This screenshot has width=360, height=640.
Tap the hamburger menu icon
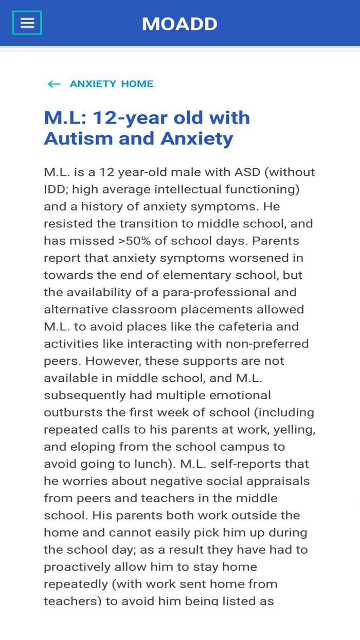point(27,23)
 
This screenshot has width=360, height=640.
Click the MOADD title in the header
point(179,24)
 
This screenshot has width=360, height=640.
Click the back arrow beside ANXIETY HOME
point(54,84)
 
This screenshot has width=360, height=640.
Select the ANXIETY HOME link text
point(111,84)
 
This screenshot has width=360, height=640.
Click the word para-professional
point(234,292)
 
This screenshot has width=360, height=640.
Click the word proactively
point(77,567)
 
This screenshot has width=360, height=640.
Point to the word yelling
point(295,430)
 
